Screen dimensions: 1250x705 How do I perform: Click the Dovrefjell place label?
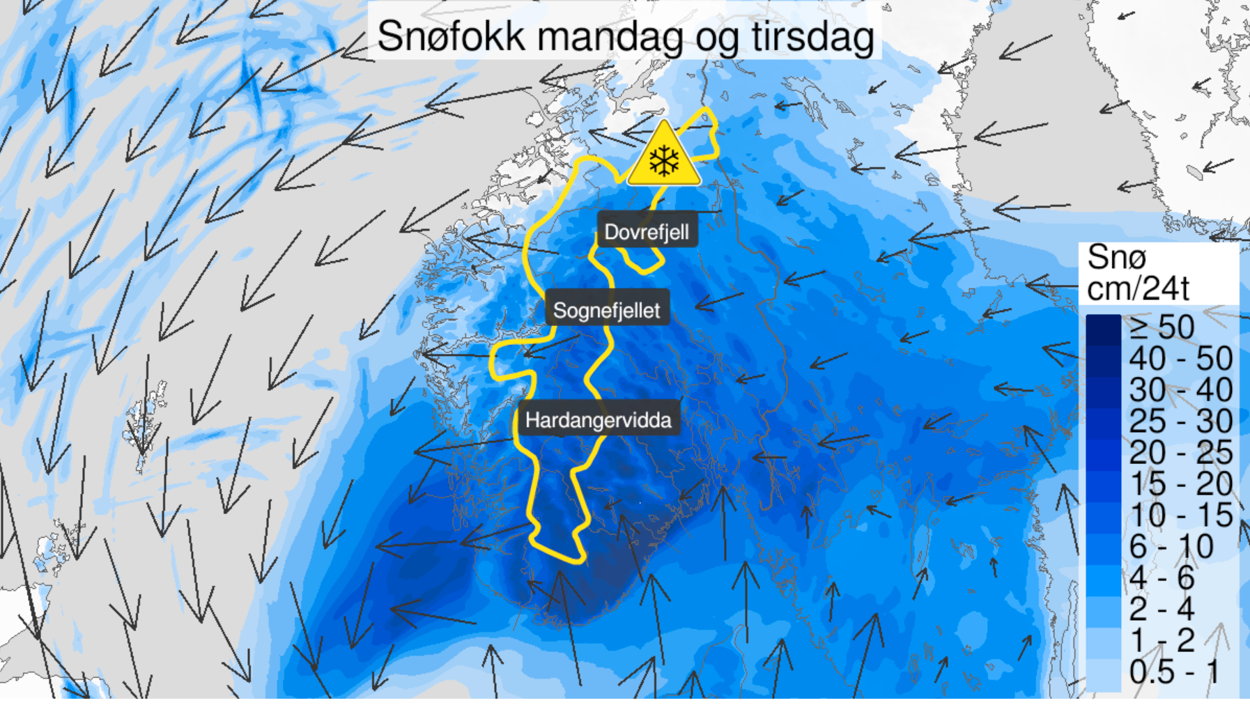646,232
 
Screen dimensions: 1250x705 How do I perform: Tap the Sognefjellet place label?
606,310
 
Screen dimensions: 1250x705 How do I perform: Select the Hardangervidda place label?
598,420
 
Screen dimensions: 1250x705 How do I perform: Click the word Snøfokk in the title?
451,36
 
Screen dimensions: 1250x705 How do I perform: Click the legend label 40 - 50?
1180,359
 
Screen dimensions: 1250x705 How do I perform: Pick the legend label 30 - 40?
1180,390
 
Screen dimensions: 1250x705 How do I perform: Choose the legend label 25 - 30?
1180,421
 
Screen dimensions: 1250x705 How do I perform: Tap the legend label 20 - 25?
1180,453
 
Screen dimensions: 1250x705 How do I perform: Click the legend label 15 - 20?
1180,484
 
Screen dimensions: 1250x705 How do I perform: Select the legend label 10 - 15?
1180,516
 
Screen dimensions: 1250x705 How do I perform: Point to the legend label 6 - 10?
1171,547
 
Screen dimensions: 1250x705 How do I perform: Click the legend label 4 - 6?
1162,578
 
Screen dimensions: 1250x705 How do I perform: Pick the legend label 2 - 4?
1162,609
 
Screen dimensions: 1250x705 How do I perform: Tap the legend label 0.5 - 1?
1174,672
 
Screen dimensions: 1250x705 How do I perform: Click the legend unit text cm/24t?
1137,288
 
